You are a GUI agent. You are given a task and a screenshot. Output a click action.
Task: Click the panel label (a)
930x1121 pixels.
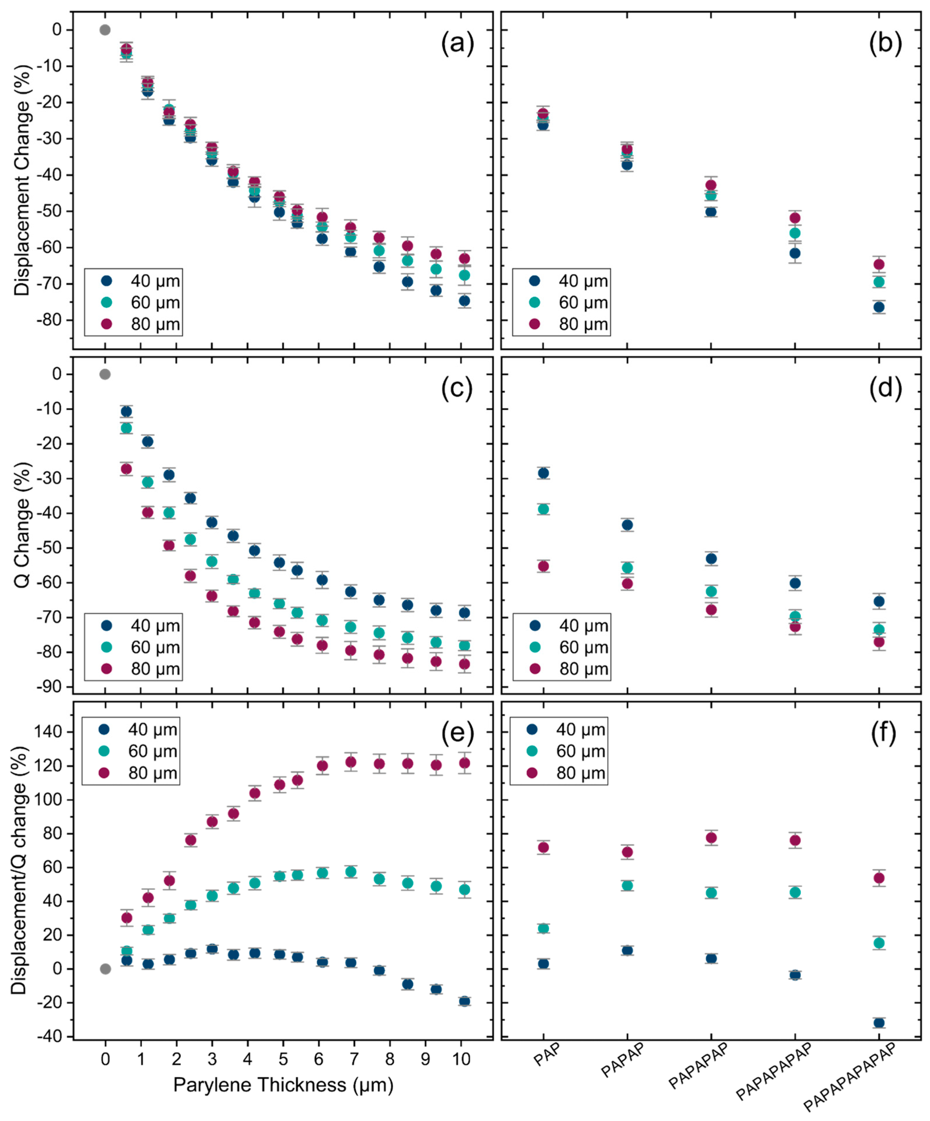click(457, 44)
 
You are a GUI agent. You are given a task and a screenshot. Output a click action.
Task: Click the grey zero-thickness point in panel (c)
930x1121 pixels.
click(105, 374)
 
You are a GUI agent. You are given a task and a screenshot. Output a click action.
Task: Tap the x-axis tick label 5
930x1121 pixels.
click(283, 1059)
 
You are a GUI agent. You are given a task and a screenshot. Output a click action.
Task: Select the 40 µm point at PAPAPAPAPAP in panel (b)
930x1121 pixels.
click(879, 307)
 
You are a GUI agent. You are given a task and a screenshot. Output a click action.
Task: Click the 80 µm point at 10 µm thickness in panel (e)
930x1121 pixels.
click(464, 763)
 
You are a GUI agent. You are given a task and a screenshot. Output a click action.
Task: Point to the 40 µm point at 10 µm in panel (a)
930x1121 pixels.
click(464, 301)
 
